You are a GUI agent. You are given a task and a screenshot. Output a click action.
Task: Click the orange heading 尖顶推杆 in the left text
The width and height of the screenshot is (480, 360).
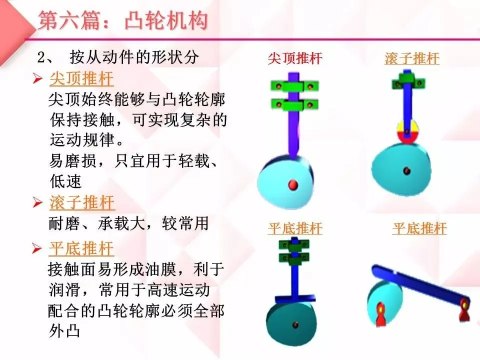coord(81,79)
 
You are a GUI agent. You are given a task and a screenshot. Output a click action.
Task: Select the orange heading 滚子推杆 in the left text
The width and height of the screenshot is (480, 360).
coord(82,203)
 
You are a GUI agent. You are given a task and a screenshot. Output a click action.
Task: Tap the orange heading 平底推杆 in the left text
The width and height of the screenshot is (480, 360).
coord(81,248)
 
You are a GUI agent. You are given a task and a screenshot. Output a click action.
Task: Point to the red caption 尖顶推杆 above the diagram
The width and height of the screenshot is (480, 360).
coord(295,59)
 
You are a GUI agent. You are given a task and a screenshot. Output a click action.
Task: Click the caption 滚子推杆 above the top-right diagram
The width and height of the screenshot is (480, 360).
coord(412,59)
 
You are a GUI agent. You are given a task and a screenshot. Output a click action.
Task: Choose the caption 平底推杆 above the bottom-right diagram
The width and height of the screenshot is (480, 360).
coord(419,229)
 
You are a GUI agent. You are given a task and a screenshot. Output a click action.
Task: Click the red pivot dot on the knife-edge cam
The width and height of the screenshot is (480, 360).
coord(293,185)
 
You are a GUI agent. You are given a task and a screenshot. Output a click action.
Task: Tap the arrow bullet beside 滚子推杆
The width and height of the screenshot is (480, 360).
coord(37,203)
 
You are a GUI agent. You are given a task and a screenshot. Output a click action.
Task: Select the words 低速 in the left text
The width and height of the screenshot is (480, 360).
coord(65,180)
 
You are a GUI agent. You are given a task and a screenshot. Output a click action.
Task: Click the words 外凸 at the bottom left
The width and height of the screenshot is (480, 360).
coord(64,331)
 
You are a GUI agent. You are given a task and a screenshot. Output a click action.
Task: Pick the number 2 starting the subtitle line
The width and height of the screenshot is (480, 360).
coord(42,57)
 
